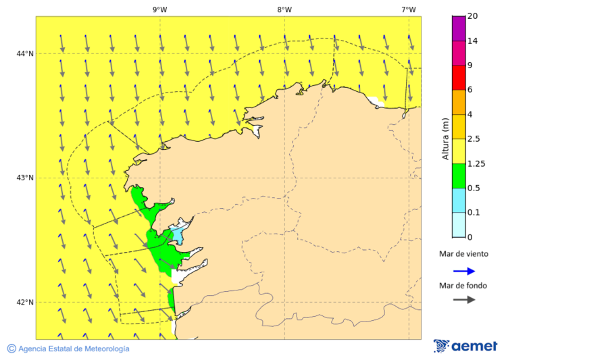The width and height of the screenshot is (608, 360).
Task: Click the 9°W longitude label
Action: pos(160,9)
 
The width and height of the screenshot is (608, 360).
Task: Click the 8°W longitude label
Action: pos(284,9)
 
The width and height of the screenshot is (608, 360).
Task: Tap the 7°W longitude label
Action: pos(409,9)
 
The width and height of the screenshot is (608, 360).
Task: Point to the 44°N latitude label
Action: pos(25,53)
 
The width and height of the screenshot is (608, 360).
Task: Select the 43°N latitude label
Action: pos(25,178)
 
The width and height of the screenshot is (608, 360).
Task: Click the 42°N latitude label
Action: pos(25,302)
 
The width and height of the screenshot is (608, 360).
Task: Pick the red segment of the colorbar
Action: pos(458,77)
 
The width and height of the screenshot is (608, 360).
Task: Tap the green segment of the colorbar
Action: pos(458,176)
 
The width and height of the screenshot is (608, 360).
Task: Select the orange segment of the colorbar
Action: pos(458,102)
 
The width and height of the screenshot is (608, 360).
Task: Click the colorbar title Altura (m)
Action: pos(445,138)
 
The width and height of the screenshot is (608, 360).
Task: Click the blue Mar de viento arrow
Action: pos(464,271)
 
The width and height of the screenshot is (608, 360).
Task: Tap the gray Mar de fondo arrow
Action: pos(464,300)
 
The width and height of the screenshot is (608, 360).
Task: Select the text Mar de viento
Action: pos(463,255)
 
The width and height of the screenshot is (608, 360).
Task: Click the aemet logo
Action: pos(465,346)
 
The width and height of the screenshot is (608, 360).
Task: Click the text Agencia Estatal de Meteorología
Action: pos(74,349)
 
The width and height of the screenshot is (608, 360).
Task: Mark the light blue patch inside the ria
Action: pos(177,235)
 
